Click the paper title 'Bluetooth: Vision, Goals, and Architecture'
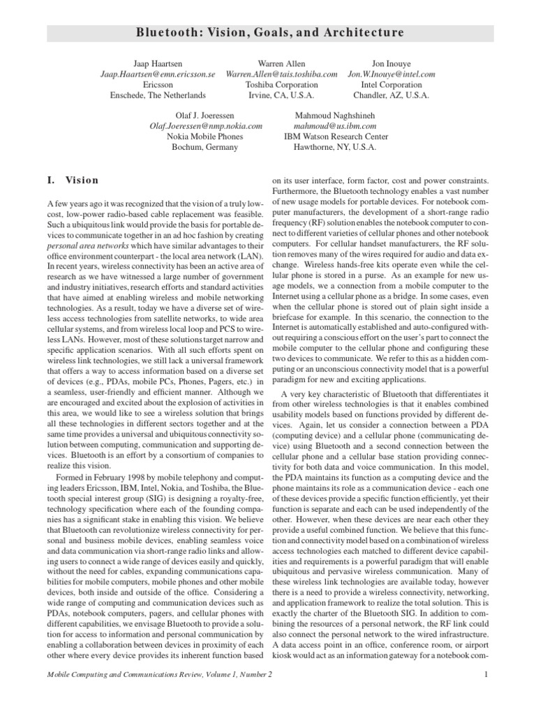[x=268, y=33]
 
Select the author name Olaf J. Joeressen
[x=205, y=116]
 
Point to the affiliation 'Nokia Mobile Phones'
[x=205, y=137]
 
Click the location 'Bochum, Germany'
[x=205, y=147]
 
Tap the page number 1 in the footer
[x=484, y=674]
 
